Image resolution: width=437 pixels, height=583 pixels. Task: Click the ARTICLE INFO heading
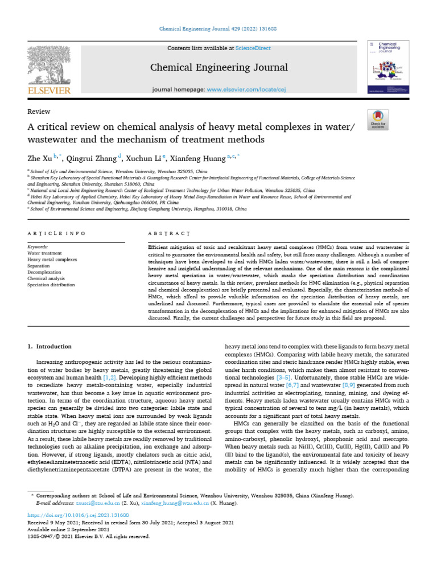click(57, 233)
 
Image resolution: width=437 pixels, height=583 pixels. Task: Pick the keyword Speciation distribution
click(51, 285)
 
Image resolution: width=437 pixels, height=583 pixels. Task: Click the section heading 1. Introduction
click(50, 346)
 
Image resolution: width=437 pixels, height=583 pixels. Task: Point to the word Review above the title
click(39, 112)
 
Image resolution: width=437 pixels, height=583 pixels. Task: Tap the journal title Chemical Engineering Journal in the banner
click(218, 68)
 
